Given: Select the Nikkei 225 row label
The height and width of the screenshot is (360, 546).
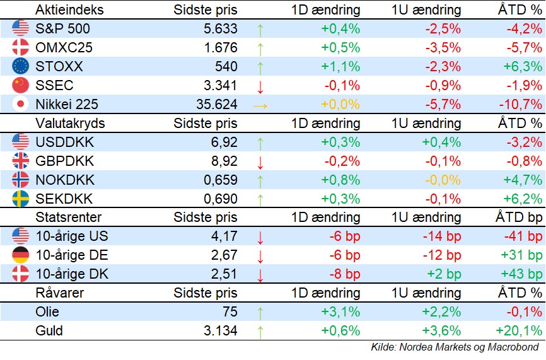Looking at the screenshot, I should [67, 104].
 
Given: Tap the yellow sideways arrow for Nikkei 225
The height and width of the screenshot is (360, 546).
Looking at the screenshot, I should [260, 105].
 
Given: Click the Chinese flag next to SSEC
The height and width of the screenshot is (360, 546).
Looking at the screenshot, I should [21, 85].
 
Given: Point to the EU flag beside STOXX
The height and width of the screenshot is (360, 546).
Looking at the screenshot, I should [21, 66].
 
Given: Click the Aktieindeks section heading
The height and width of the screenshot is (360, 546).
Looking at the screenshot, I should [69, 10].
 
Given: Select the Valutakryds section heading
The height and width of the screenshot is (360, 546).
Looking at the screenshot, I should [70, 123].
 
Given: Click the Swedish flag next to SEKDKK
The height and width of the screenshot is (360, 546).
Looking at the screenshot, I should [21, 199].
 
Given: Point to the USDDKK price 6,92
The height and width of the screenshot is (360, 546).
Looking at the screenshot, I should [224, 142].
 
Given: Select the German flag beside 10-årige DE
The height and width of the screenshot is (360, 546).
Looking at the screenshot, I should [21, 255].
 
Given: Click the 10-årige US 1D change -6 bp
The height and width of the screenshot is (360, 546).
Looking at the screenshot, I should [344, 236].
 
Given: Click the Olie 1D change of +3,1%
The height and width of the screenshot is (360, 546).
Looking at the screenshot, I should [340, 312].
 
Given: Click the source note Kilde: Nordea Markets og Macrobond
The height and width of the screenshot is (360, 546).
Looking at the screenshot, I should [454, 347].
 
